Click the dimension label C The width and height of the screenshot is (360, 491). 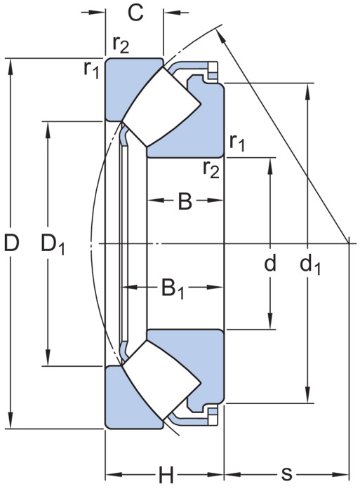(135, 13)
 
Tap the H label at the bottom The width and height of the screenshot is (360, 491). (166, 475)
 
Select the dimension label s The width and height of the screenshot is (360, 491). (286, 474)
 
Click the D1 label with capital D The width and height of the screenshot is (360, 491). (53, 245)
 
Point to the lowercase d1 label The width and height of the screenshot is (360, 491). (310, 265)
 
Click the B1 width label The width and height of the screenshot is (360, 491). (173, 289)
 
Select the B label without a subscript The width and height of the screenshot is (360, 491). (185, 201)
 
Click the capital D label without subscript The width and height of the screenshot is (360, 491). (12, 243)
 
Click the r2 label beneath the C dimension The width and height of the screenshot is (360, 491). (121, 44)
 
